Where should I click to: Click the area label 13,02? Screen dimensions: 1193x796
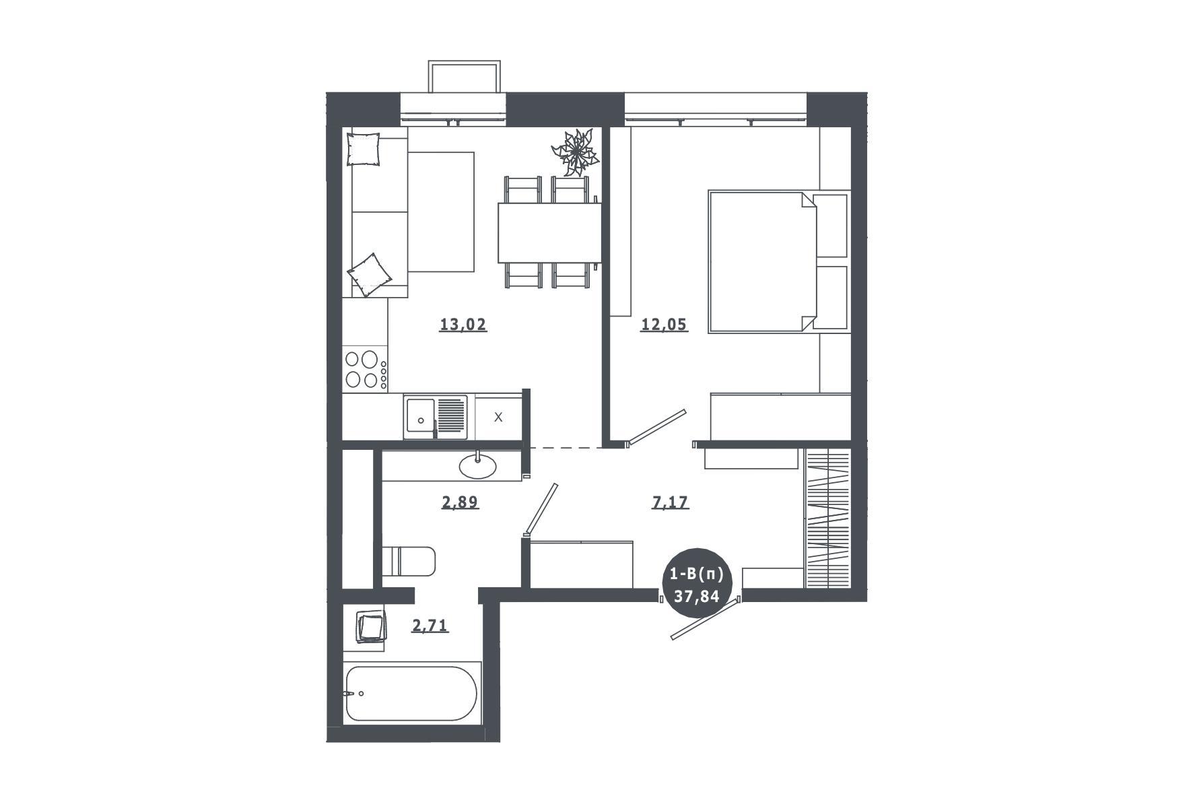click(463, 325)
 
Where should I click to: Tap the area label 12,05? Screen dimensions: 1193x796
click(664, 325)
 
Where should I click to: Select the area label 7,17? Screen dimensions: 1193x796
click(671, 502)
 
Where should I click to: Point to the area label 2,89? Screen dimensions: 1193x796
click(460, 502)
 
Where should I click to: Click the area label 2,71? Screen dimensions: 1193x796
click(430, 626)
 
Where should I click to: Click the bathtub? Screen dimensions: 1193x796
click(411, 694)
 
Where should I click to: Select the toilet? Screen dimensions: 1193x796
click(409, 561)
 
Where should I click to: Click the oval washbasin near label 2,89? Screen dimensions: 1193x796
click(478, 465)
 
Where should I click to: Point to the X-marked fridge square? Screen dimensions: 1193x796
click(499, 418)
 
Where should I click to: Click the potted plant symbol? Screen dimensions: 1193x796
click(574, 153)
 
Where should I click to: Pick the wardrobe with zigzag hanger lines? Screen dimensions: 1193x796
click(828, 517)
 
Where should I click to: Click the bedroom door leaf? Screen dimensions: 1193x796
click(656, 428)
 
